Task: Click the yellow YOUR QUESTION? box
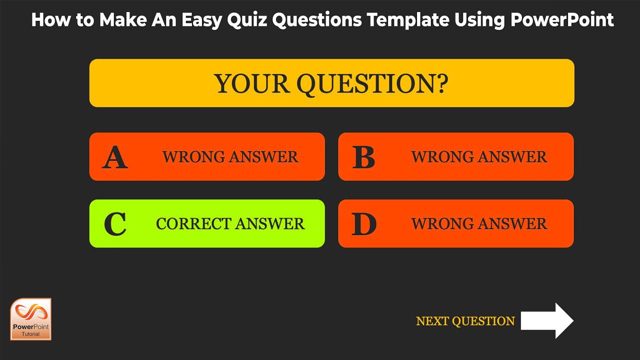coord(331,83)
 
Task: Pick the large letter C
coord(115,224)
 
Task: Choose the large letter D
coord(364,224)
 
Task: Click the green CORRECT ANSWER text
coord(230,224)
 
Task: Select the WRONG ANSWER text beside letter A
coord(230,157)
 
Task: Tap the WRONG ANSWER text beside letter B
coord(479,157)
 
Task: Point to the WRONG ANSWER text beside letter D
coord(479,224)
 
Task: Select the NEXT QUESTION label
coord(465,321)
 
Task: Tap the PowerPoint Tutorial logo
coord(31,319)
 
